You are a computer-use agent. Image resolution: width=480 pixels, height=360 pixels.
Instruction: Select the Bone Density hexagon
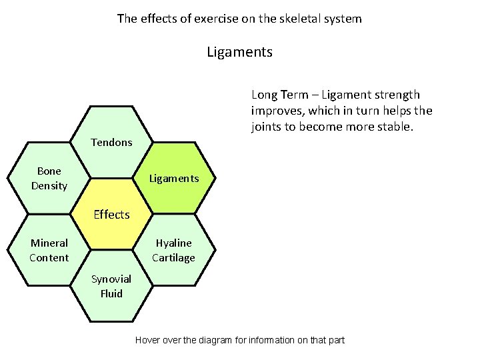(49, 178)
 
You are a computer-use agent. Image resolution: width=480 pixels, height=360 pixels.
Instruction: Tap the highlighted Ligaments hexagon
(174, 178)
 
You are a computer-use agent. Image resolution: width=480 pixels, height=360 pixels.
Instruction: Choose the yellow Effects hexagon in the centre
(111, 214)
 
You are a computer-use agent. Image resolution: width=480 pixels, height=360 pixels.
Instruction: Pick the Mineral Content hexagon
(49, 250)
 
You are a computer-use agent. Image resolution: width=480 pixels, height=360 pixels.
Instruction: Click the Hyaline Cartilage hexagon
(174, 250)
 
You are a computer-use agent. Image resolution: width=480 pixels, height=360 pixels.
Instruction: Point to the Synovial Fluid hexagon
(111, 286)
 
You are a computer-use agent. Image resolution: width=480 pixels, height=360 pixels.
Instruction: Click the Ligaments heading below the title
(239, 51)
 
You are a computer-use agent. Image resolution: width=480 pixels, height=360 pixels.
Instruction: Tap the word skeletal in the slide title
(287, 19)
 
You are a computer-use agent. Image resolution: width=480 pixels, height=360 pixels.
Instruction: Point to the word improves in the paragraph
(275, 110)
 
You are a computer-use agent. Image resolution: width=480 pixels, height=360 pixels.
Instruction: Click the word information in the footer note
(271, 340)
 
